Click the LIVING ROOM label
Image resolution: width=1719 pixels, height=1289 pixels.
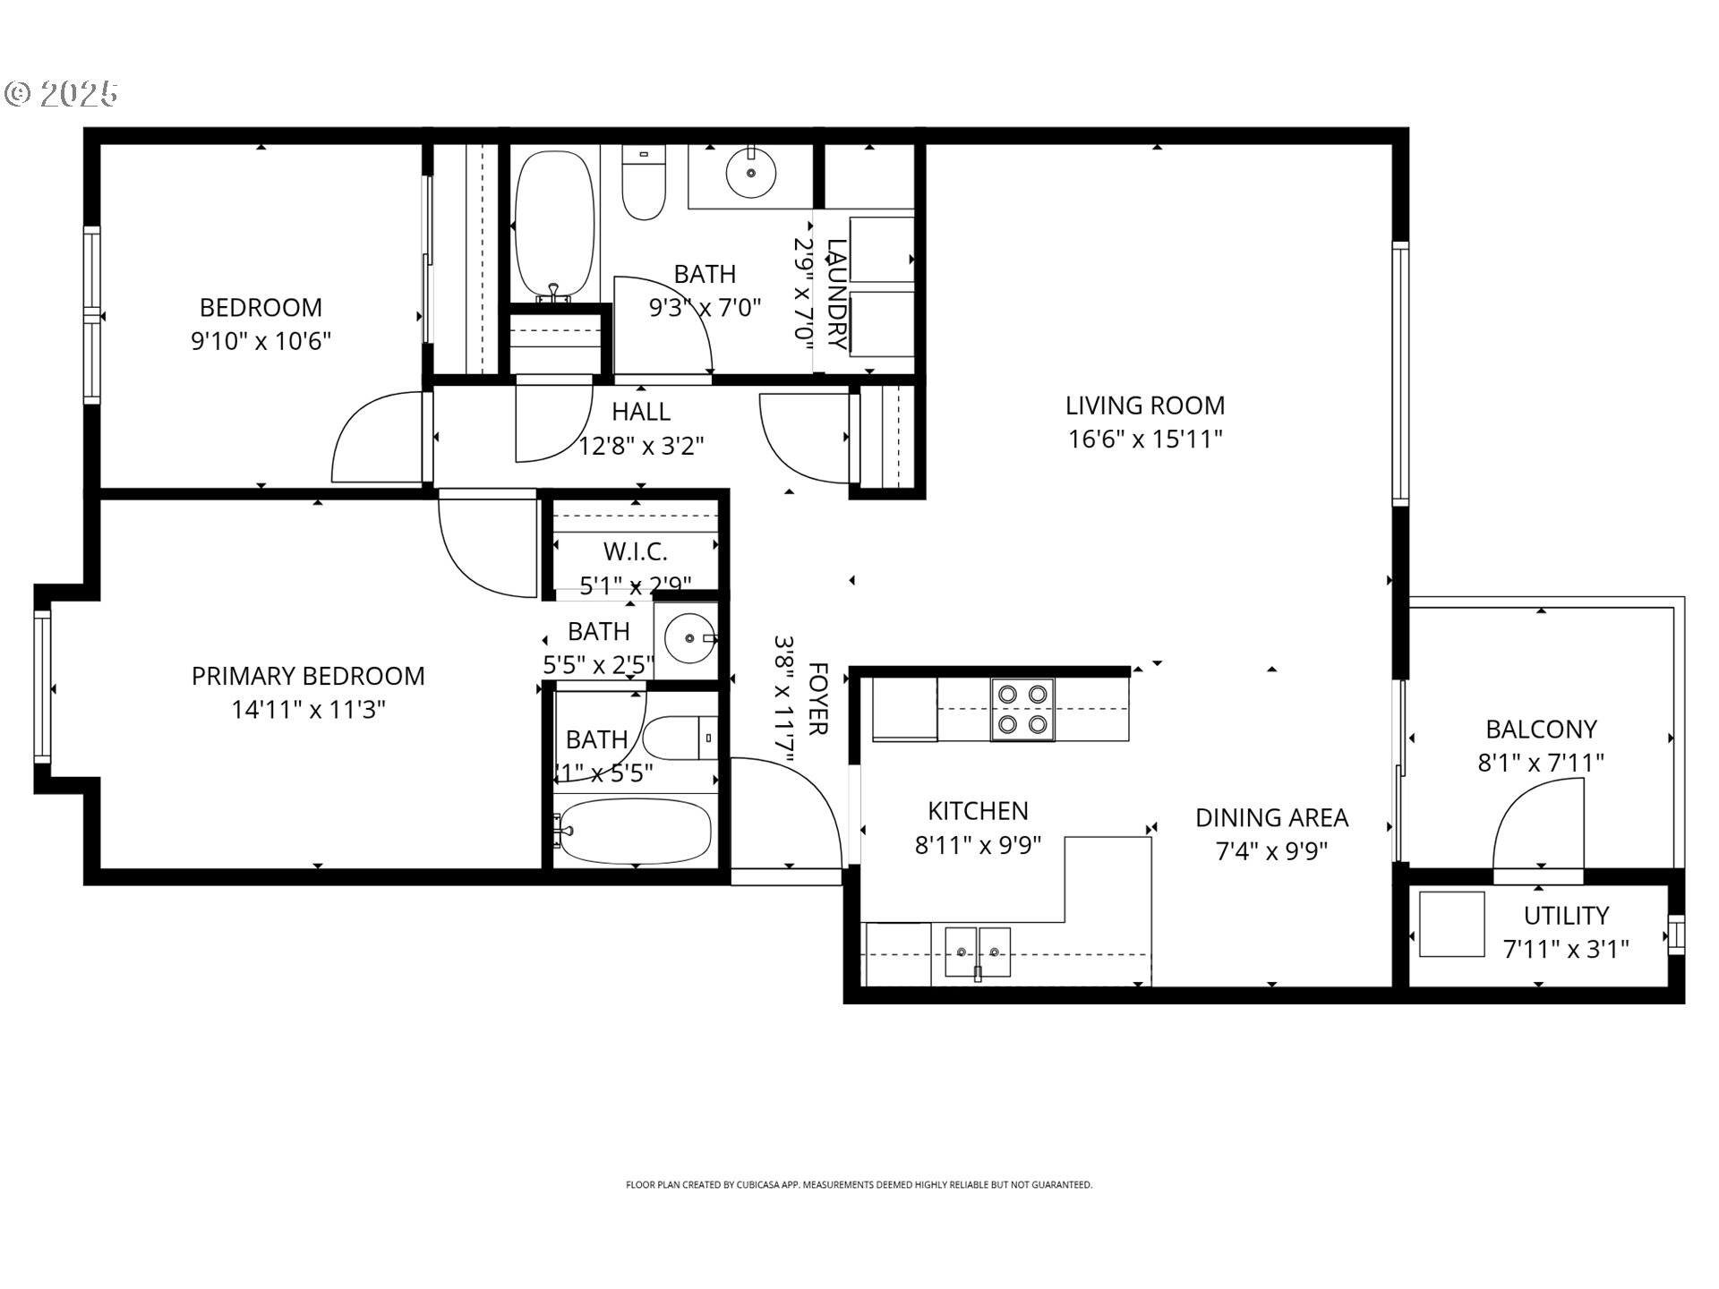tap(1144, 405)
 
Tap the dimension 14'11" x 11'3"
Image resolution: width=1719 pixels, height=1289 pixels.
tap(308, 710)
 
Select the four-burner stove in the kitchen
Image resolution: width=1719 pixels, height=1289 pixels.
tap(1022, 709)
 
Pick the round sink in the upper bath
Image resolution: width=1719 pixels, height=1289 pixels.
tap(750, 173)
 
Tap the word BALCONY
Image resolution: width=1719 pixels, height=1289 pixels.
tap(1541, 730)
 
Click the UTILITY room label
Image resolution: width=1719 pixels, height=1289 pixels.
tap(1566, 916)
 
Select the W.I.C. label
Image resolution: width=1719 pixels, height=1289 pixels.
tap(635, 551)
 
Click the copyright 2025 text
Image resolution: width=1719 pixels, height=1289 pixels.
tap(63, 94)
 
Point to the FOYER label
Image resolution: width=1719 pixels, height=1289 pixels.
tap(817, 699)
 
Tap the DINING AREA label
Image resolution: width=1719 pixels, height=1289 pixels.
tap(1271, 817)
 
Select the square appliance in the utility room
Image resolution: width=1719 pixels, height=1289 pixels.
tap(1451, 924)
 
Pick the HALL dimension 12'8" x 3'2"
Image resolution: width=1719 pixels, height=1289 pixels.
tap(641, 446)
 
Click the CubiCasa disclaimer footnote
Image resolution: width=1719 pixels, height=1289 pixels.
tap(859, 1185)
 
